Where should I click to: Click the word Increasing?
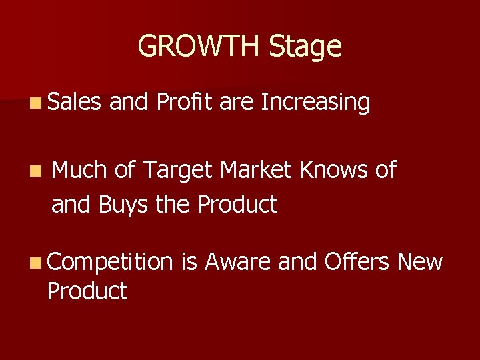pyautogui.click(x=316, y=103)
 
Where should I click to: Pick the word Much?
pyautogui.click(x=79, y=171)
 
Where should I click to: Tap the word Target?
pyautogui.click(x=175, y=172)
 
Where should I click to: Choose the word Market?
pyautogui.click(x=256, y=171)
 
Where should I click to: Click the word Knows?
pyautogui.click(x=331, y=171)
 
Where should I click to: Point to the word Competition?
pyautogui.click(x=109, y=263)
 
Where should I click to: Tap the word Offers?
pyautogui.click(x=357, y=262)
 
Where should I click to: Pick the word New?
pyautogui.click(x=419, y=262)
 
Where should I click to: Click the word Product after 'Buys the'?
pyautogui.click(x=237, y=205)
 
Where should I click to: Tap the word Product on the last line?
pyautogui.click(x=87, y=291)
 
